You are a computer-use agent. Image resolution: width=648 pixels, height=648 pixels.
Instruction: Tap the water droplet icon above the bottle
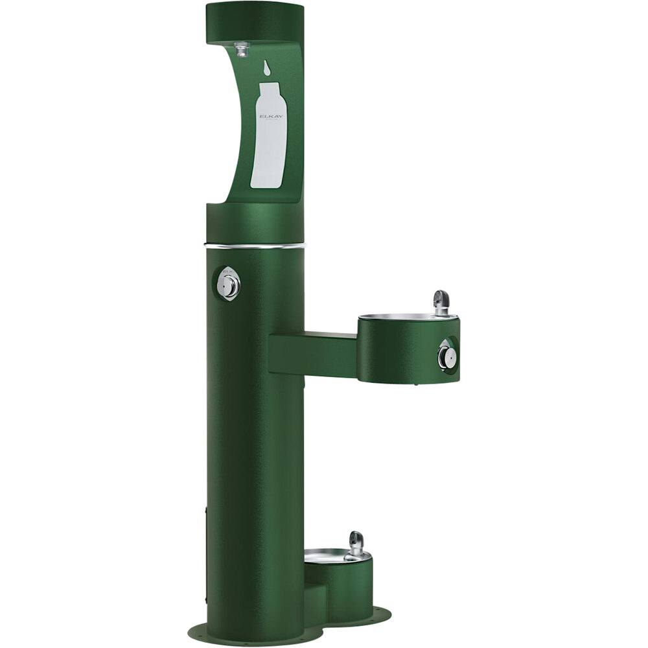coord(267,67)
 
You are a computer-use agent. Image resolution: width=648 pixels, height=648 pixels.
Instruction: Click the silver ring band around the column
coord(255,246)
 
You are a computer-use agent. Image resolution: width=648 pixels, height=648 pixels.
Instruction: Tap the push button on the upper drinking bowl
coord(446,354)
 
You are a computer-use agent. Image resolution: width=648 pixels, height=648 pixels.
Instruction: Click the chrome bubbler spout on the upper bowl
coord(441,301)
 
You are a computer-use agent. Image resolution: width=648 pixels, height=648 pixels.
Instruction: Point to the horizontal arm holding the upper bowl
coord(312,354)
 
